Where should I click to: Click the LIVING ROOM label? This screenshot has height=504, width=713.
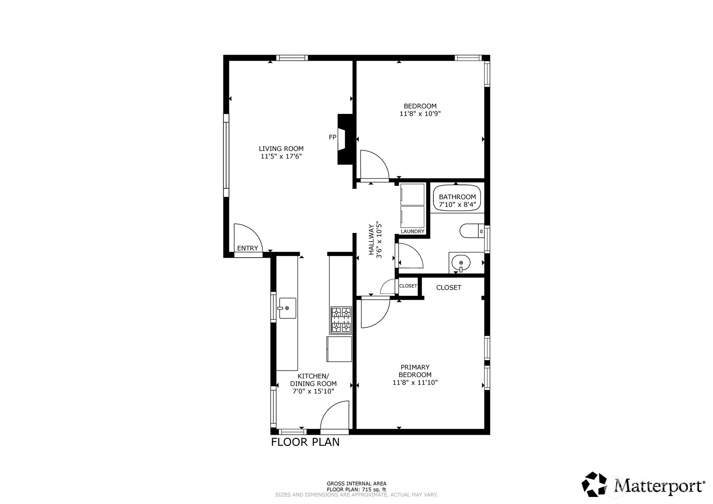tap(281, 149)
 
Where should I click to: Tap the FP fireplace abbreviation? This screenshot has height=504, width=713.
tap(332, 137)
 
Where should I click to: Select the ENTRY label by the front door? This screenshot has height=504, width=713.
tap(248, 249)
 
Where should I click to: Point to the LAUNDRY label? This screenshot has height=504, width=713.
tap(413, 232)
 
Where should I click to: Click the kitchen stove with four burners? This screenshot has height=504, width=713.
tap(341, 320)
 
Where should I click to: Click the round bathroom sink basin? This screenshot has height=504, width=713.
tap(461, 263)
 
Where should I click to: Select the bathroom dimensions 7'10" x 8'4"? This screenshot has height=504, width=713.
tap(458, 205)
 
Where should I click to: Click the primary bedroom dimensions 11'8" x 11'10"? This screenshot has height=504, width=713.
tap(415, 382)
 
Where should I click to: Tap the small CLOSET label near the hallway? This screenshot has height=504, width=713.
tap(408, 286)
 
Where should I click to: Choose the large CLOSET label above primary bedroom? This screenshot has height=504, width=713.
tap(449, 288)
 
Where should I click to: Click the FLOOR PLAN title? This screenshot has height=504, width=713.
tap(305, 442)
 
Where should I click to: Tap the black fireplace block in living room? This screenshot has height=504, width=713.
tap(345, 139)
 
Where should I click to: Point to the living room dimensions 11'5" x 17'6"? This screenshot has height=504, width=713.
tap(281, 156)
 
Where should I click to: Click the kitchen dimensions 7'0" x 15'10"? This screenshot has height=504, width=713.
tap(313, 391)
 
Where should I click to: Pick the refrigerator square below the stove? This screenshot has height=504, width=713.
tap(339, 349)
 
